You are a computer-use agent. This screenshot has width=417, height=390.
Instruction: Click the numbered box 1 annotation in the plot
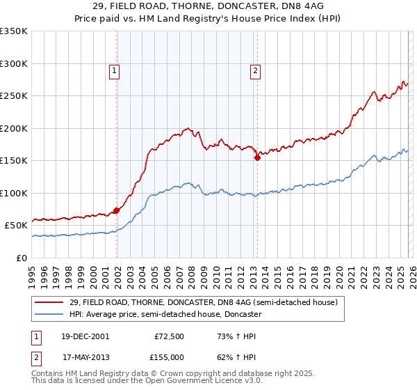click(x=113, y=70)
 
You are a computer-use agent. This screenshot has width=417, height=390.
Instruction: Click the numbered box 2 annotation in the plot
click(x=256, y=70)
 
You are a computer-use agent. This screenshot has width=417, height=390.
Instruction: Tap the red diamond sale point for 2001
click(x=117, y=210)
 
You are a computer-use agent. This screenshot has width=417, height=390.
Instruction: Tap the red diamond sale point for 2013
click(x=257, y=157)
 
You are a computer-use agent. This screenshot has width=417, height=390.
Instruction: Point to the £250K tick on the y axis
click(x=14, y=96)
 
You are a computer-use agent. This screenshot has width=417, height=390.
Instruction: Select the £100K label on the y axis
click(x=14, y=193)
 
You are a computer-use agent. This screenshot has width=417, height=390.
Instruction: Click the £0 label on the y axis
click(x=21, y=258)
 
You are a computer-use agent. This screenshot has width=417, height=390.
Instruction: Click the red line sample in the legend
click(x=49, y=302)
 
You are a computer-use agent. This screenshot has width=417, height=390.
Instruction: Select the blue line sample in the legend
click(x=49, y=314)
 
